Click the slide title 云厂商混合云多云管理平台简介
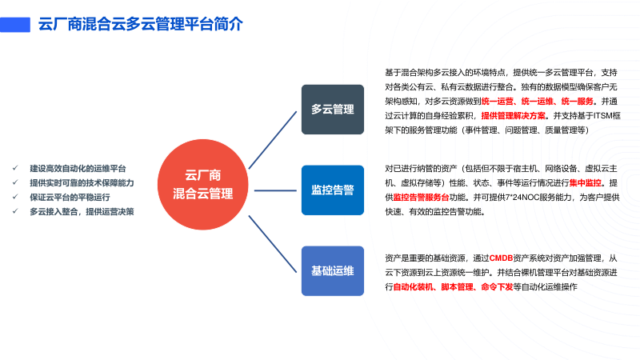pyautogui.click(x=141, y=24)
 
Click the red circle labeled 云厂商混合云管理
pyautogui.click(x=203, y=184)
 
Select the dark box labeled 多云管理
pyautogui.click(x=333, y=109)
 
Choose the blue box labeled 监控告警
pyautogui.click(x=333, y=190)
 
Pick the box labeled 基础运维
pyautogui.click(x=333, y=271)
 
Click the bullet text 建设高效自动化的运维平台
pyautogui.click(x=78, y=169)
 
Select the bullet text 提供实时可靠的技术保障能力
pyautogui.click(x=82, y=183)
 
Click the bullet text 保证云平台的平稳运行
pyautogui.click(x=70, y=197)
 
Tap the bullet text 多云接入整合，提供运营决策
pyautogui.click(x=82, y=211)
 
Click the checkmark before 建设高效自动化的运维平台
pyautogui.click(x=15, y=169)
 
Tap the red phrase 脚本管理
pyautogui.click(x=458, y=286)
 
